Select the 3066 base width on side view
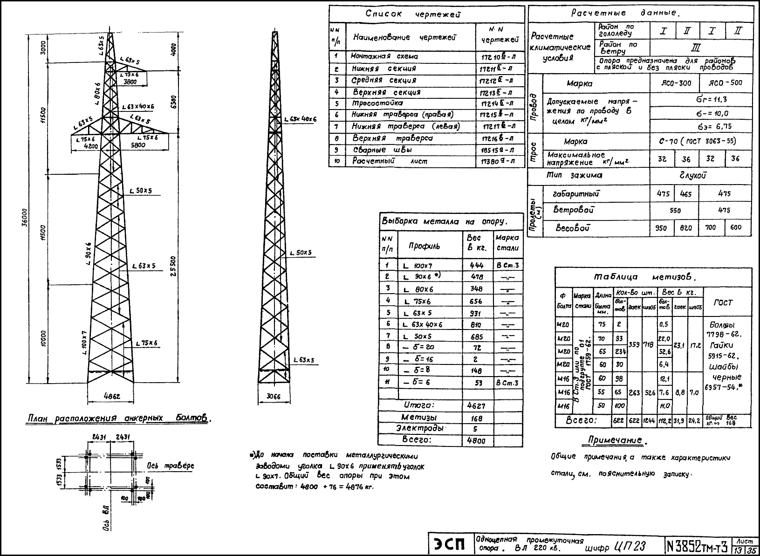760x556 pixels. pyautogui.click(x=274, y=397)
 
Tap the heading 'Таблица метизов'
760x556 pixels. pyautogui.click(x=645, y=277)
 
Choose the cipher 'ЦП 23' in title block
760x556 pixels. pyautogui.click(x=630, y=546)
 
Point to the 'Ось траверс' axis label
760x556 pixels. pyautogui.click(x=170, y=466)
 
